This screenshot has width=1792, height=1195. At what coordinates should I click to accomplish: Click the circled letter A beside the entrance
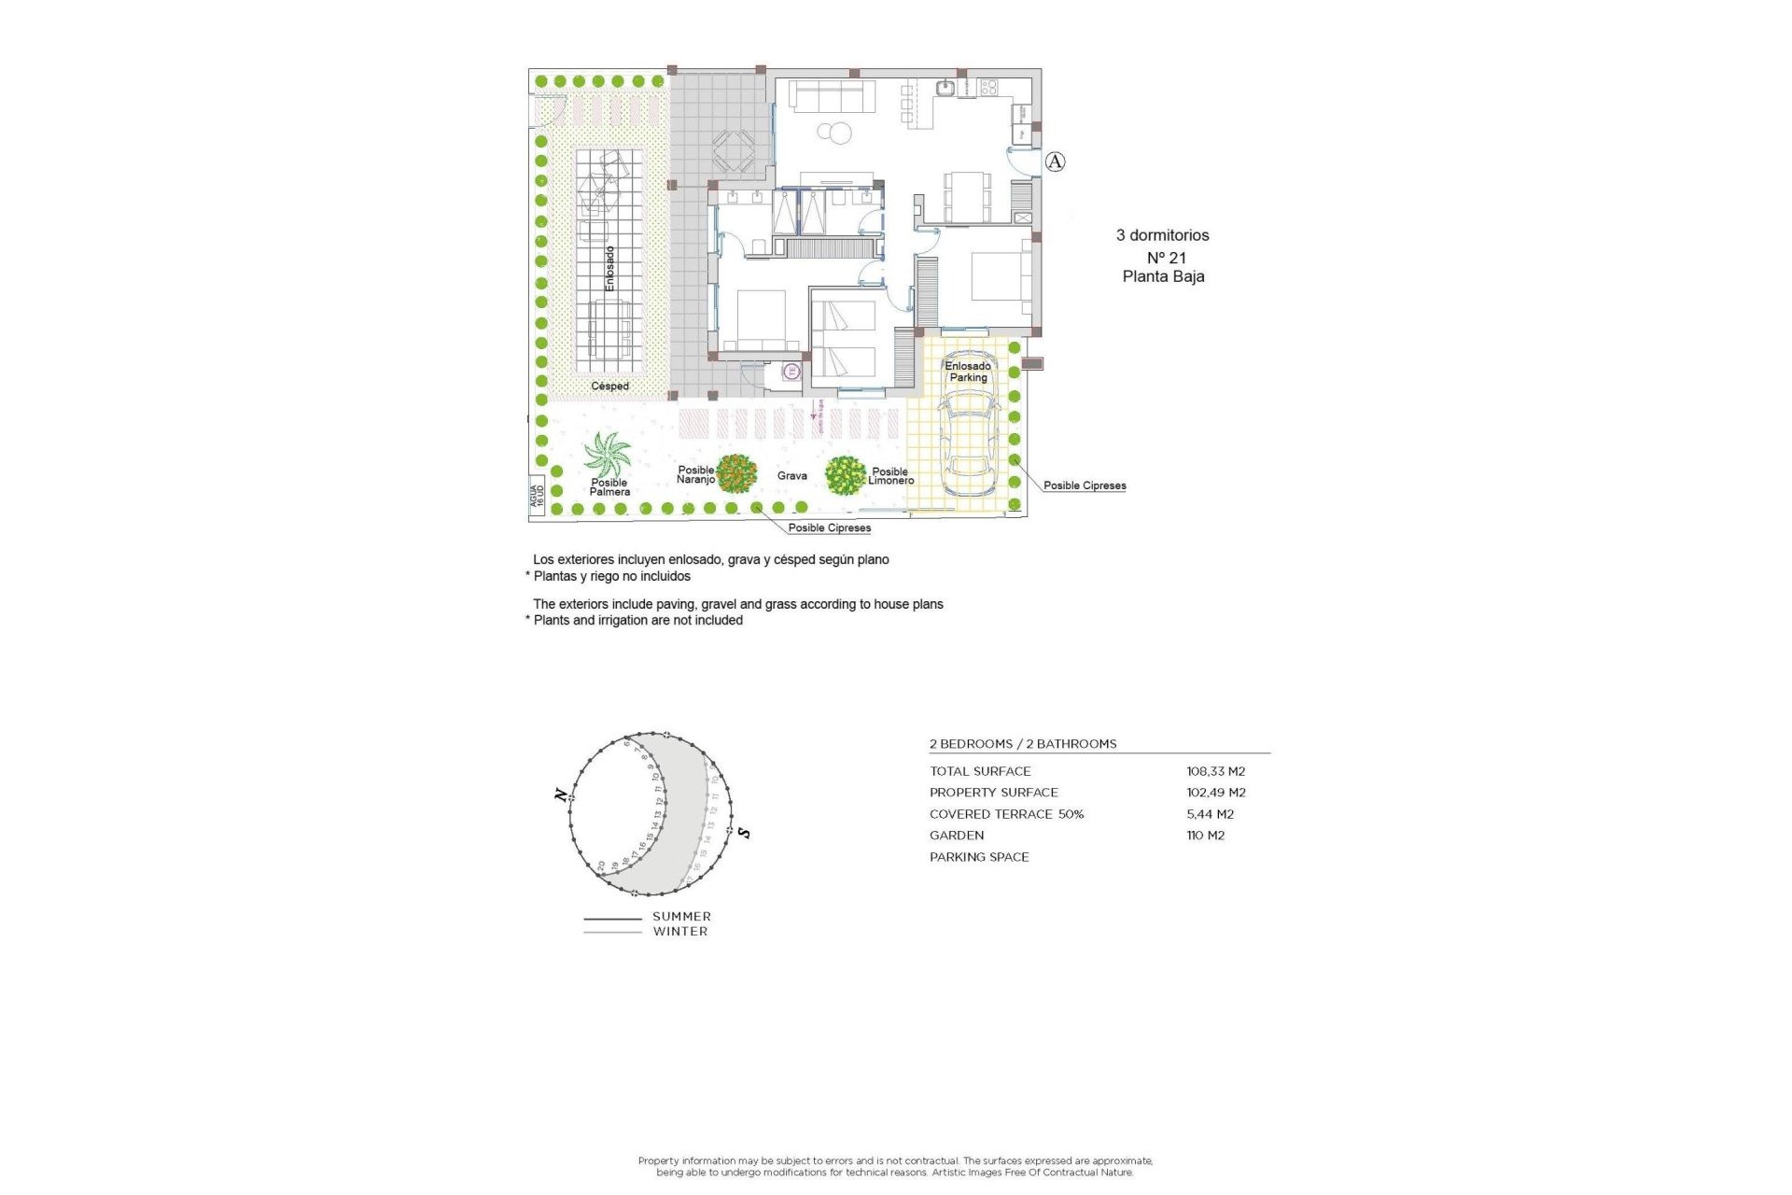pos(1055,162)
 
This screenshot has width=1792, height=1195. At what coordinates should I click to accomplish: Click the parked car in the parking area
pos(969,443)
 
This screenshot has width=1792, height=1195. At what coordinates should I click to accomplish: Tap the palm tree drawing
pos(607,455)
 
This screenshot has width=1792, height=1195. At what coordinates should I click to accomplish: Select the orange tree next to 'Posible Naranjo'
pos(736,473)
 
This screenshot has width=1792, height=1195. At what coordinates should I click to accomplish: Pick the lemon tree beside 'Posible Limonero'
pos(846,475)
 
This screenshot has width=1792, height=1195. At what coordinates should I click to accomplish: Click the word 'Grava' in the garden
pos(791,476)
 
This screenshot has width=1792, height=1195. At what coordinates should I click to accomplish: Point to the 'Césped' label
pos(609,386)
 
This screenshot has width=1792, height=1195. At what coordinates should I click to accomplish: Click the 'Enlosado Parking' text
pos(968,372)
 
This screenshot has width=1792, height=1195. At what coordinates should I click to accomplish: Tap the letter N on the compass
pos(560,795)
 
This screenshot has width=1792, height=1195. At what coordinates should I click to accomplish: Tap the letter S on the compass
pos(744,832)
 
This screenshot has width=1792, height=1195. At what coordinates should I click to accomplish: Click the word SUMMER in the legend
pos(681,917)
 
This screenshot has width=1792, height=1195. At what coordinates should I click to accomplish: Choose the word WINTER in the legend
pos(680,932)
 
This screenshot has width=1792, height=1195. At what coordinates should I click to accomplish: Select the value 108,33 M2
pos(1215,771)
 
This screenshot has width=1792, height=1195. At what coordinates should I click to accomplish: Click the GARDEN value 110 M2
pos(1205,836)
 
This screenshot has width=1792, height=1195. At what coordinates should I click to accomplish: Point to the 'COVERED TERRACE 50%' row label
pos(1006,814)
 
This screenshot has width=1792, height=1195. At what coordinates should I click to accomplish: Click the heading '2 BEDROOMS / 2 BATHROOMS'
pos(1022,744)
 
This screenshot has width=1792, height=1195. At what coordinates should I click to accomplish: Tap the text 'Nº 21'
pos(1166,258)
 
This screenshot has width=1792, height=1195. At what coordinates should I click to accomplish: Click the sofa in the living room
pos(833,95)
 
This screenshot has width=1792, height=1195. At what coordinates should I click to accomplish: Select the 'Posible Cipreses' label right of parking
pos(1085,485)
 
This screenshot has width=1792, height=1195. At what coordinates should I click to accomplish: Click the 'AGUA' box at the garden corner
pos(536,495)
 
